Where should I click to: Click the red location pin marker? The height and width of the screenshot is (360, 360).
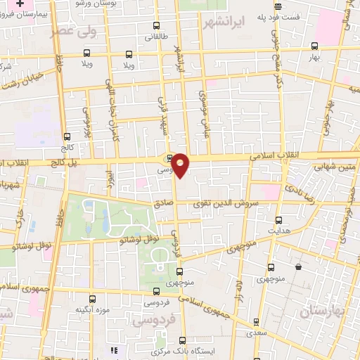181,164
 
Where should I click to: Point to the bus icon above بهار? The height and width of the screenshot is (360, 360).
314,46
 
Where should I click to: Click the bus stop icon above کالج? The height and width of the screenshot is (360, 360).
67,136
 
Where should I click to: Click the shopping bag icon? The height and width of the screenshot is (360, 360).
299,267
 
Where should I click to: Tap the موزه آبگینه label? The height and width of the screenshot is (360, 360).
91,309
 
